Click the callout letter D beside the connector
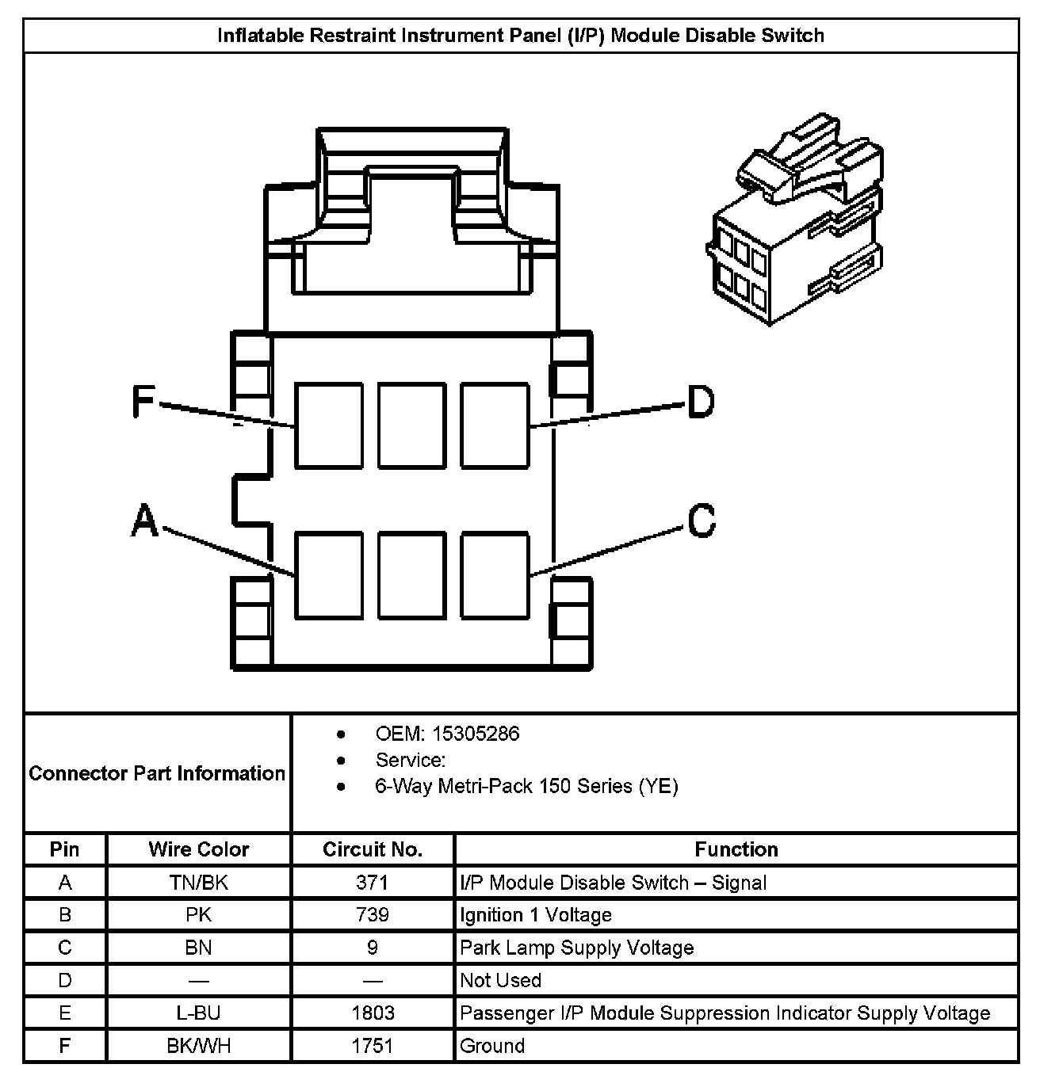701,401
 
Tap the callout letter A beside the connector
144,521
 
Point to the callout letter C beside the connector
702,521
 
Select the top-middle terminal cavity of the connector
411,425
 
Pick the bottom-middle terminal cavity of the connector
411,574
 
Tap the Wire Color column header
198,849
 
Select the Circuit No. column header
372,849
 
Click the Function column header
736,849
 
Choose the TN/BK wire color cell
198,883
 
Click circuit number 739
372,915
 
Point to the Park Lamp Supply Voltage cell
576,948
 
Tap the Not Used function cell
500,980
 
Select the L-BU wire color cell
198,1013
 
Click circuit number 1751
372,1046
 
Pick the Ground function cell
492,1046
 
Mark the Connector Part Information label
157,772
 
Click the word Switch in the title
793,36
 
